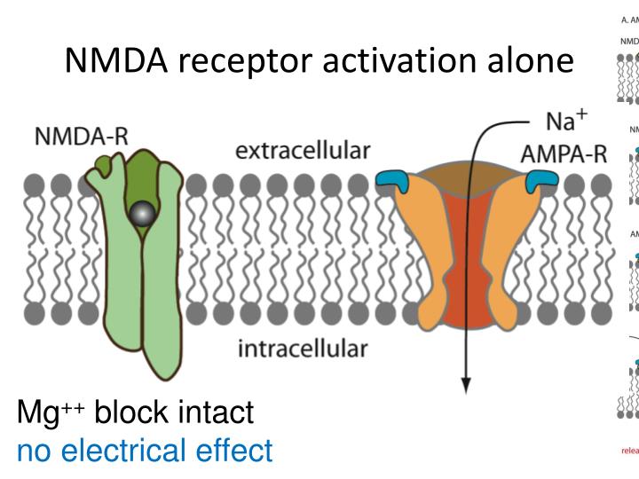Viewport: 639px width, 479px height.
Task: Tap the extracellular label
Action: click(x=302, y=151)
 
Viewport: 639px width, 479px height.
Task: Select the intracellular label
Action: click(x=302, y=347)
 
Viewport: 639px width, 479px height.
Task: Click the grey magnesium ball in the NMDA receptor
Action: click(x=139, y=214)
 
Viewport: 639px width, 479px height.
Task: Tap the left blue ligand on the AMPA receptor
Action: click(x=390, y=182)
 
